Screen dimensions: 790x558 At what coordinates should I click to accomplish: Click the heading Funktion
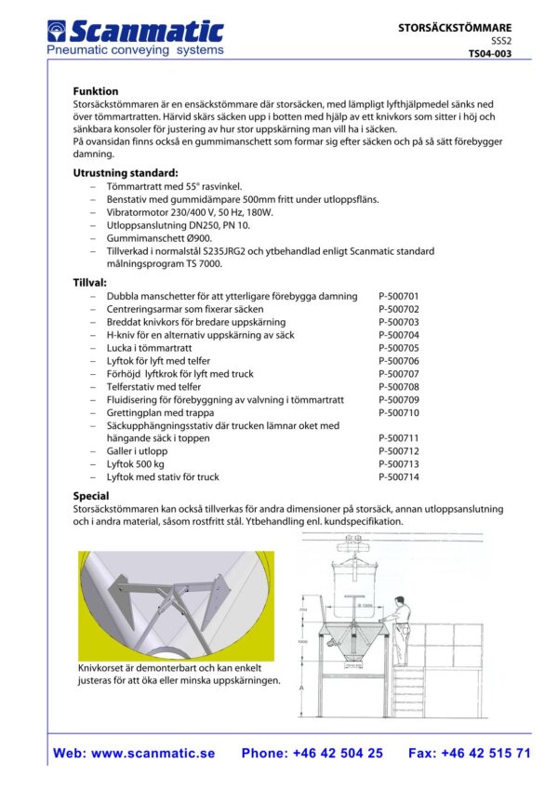96,92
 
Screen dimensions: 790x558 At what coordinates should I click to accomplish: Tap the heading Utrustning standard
125,173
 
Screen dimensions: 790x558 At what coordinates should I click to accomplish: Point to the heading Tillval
90,282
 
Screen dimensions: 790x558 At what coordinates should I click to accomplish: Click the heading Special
91,496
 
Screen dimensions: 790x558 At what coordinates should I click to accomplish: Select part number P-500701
399,296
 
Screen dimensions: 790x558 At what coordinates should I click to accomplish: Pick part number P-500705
399,348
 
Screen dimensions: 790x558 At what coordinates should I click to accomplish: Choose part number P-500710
399,412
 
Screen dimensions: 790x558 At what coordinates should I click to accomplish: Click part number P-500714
399,477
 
